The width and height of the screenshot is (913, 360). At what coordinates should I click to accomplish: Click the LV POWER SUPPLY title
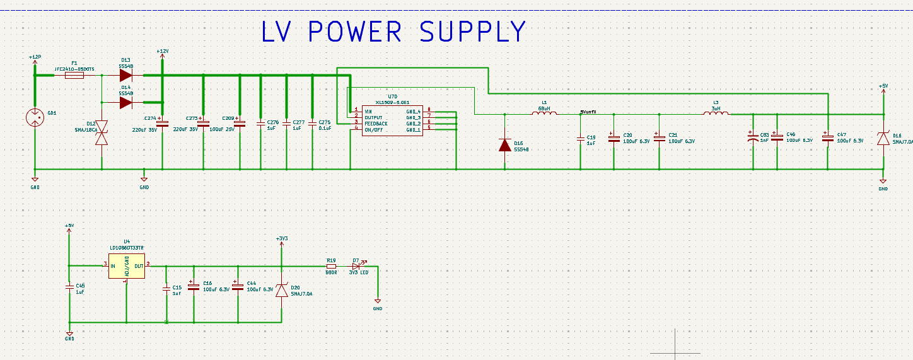pyautogui.click(x=393, y=32)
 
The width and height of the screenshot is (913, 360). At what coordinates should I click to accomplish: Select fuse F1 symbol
pyautogui.click(x=74, y=76)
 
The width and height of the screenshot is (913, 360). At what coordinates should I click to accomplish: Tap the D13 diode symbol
pyautogui.click(x=126, y=76)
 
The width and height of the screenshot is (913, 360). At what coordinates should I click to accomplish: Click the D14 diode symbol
pyautogui.click(x=126, y=102)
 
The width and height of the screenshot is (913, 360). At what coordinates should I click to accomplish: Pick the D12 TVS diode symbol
pyautogui.click(x=102, y=133)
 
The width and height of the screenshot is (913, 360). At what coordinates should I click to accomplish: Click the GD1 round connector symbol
pyautogui.click(x=35, y=117)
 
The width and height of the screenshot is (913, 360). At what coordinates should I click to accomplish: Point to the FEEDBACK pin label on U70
pyautogui.click(x=376, y=123)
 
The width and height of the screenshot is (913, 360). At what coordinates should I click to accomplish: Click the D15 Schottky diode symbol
pyautogui.click(x=504, y=145)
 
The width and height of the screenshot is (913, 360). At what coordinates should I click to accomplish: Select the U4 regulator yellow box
pyautogui.click(x=127, y=269)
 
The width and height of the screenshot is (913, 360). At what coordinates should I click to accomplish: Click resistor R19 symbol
pyautogui.click(x=331, y=266)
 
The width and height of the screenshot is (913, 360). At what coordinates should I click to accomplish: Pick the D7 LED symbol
pyautogui.click(x=356, y=266)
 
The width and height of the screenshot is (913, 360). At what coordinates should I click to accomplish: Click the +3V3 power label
pyautogui.click(x=282, y=238)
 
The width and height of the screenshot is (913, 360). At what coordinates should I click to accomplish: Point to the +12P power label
pyautogui.click(x=35, y=57)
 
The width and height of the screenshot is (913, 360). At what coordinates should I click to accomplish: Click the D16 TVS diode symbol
pyautogui.click(x=883, y=139)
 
